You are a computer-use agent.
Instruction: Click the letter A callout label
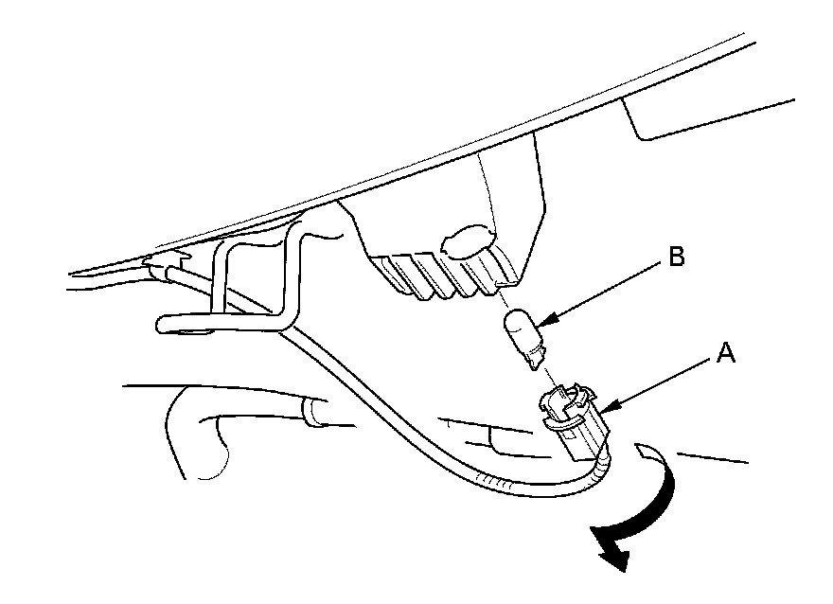tap(725, 354)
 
